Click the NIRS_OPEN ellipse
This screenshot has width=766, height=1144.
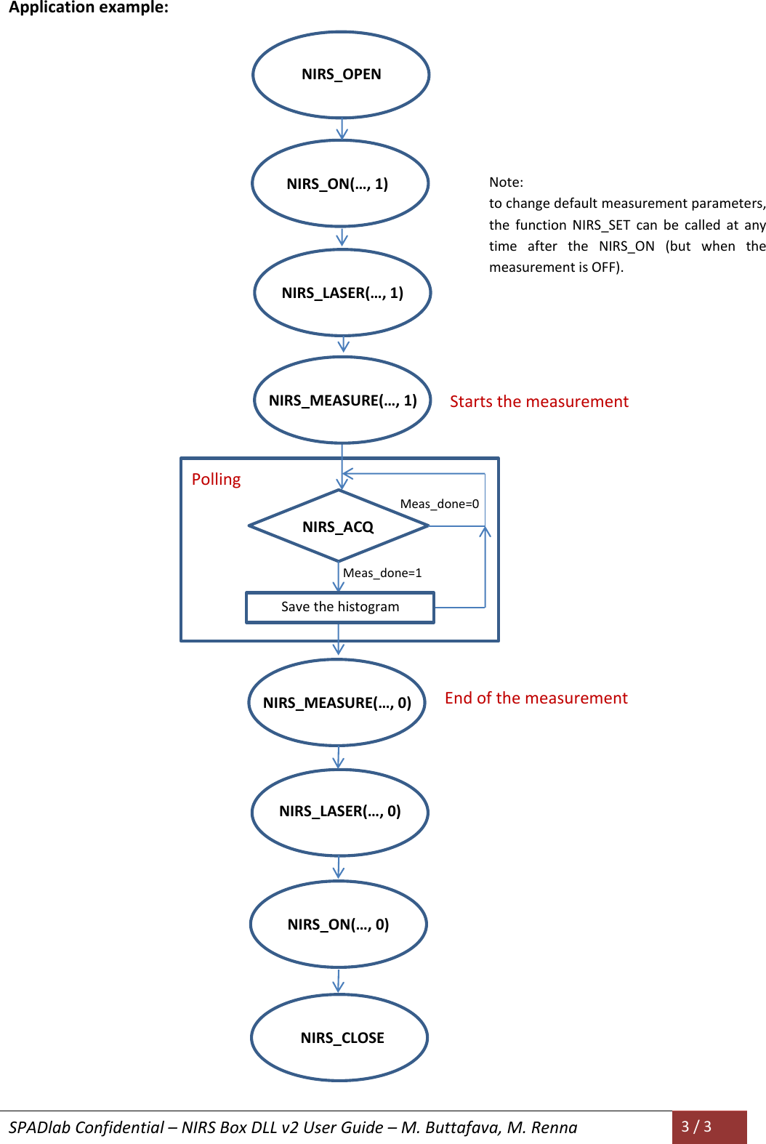341,75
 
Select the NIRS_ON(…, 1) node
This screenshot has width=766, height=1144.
340,184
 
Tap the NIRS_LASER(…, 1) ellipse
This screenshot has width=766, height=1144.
342,293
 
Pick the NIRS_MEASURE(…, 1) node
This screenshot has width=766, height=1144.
342,400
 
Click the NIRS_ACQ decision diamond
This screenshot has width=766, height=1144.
338,526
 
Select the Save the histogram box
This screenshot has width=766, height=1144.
340,607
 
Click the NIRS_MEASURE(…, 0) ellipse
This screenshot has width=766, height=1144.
336,703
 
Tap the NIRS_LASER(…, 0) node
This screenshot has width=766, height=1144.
339,812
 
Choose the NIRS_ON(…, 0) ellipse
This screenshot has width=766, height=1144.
338,925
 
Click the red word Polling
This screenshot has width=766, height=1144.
216,480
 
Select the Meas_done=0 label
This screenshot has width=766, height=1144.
439,504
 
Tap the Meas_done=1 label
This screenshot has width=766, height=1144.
382,573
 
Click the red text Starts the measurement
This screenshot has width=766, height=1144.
539,402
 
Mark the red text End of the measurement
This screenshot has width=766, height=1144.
536,698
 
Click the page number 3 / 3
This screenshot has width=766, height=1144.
696,1127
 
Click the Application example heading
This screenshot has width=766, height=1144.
89,8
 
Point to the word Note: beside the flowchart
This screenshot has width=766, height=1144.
506,182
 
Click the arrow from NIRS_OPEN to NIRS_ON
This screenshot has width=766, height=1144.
342,129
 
